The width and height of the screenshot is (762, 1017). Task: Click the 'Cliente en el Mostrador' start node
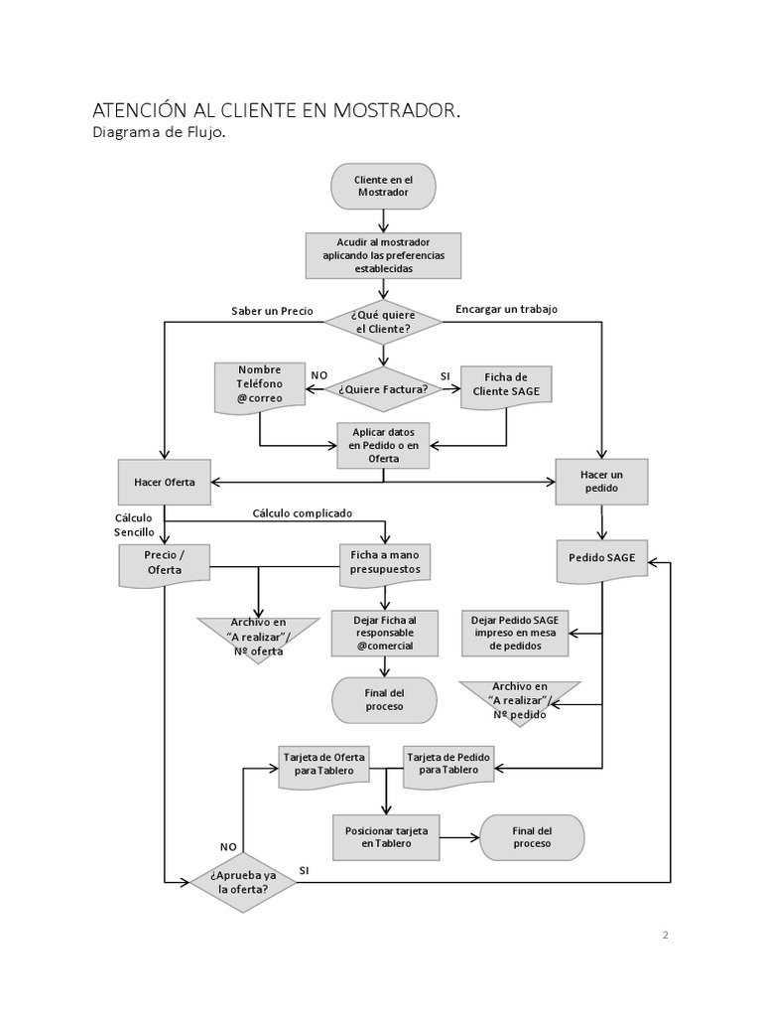point(382,186)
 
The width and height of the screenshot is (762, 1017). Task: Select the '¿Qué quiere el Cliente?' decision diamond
point(382,322)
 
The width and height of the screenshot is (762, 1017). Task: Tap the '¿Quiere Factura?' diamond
point(382,389)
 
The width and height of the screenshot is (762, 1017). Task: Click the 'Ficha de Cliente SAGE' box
point(506,384)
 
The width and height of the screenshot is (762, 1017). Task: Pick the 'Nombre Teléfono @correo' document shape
point(260,385)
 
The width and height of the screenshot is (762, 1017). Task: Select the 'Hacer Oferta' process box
point(165,482)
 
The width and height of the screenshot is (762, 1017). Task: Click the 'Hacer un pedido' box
point(600,482)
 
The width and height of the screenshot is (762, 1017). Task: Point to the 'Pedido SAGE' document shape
point(601,560)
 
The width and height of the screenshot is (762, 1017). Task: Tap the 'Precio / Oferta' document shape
point(164,563)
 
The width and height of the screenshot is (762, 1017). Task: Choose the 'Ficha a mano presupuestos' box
point(384,562)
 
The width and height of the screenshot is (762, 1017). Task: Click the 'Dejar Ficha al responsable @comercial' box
point(384,633)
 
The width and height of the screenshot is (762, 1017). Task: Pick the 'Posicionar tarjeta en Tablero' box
point(384,837)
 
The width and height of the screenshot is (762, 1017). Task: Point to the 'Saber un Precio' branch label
point(272,311)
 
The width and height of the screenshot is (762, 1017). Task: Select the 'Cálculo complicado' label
point(303,513)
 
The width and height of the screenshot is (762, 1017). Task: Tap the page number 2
point(666,935)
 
